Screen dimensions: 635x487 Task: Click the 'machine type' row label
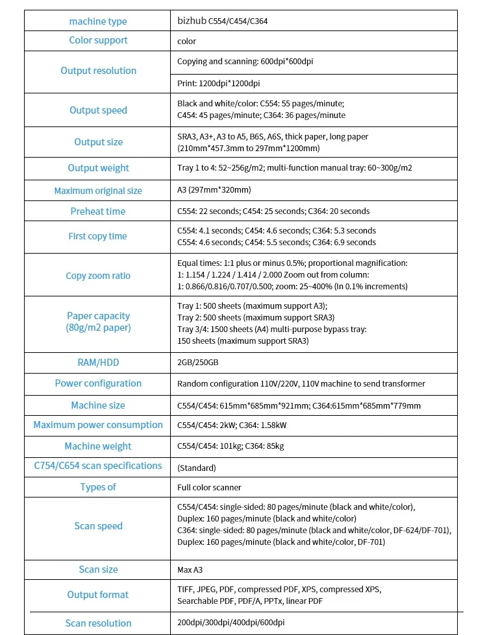click(98, 21)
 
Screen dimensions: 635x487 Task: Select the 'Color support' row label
click(98, 40)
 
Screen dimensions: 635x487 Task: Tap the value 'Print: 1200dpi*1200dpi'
click(218, 84)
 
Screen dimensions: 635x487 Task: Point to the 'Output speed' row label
click(98, 110)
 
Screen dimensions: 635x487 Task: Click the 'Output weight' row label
click(98, 168)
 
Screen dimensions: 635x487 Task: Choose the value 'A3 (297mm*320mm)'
click(214, 190)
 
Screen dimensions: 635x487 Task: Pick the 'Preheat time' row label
click(98, 211)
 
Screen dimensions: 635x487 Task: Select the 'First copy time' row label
click(98, 236)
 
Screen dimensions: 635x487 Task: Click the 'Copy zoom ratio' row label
click(98, 276)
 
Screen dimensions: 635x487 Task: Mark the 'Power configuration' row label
click(98, 383)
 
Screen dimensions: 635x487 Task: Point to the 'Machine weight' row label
click(98, 446)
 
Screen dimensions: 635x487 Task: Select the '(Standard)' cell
click(196, 468)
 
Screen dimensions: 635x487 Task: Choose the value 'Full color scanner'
click(209, 487)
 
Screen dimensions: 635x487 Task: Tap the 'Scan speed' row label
click(98, 526)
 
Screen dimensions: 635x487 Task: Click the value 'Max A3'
click(190, 570)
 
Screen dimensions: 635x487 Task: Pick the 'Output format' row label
click(98, 595)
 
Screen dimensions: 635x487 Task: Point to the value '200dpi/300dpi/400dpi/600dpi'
click(231, 623)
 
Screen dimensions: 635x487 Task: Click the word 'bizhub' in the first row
click(192, 21)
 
